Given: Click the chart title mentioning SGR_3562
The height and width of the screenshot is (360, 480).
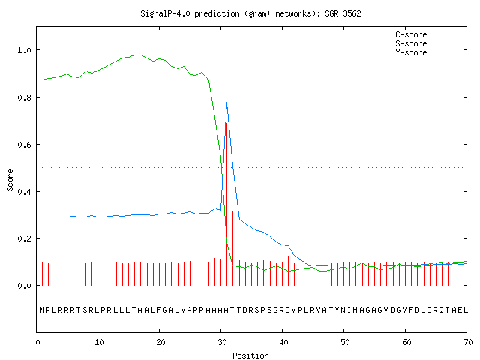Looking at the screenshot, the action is pyautogui.click(x=250, y=13).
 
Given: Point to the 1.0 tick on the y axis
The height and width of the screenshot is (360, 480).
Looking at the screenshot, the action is pyautogui.click(x=24, y=50).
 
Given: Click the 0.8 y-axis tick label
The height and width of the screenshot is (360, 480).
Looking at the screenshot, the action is pyautogui.click(x=24, y=97).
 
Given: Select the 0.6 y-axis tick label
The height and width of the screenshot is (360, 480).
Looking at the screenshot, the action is pyautogui.click(x=24, y=145).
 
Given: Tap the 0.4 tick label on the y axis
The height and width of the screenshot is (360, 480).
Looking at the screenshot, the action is pyautogui.click(x=24, y=192).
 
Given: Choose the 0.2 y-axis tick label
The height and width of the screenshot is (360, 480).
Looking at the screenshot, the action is pyautogui.click(x=24, y=238).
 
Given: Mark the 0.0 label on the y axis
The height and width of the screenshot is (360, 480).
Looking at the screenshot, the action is pyautogui.click(x=24, y=286).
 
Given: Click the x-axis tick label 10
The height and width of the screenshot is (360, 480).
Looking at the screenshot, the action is pyautogui.click(x=99, y=342).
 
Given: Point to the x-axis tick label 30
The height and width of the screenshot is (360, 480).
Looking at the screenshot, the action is pyautogui.click(x=222, y=342).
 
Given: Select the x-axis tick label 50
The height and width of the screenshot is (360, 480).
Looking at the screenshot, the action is pyautogui.click(x=345, y=342).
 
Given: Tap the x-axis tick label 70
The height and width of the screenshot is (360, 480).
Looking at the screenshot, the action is pyautogui.click(x=468, y=342).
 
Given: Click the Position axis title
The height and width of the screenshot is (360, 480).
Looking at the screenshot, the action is pyautogui.click(x=250, y=355).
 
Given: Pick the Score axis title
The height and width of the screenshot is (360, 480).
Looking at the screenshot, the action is pyautogui.click(x=10, y=181).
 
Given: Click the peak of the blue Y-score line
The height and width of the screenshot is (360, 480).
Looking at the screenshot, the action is pyautogui.click(x=226, y=103).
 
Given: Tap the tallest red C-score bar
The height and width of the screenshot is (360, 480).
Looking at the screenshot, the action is pyautogui.click(x=226, y=204).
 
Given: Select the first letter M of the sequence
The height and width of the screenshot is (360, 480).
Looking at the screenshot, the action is pyautogui.click(x=42, y=310).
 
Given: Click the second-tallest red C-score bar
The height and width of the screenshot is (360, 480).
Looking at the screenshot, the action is pyautogui.click(x=233, y=248).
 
